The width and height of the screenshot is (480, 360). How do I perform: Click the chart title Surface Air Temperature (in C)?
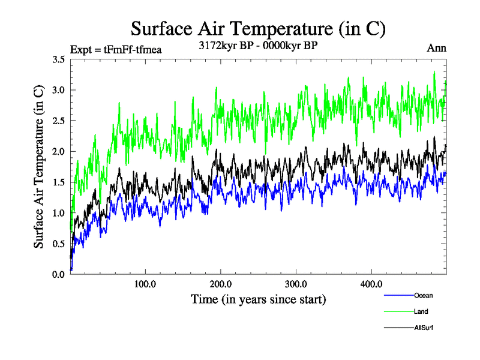258,28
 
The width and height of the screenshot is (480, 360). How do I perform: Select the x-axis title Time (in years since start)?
258,299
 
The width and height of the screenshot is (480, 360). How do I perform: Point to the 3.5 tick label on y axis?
59,59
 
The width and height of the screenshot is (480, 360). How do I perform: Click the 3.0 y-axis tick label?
59,90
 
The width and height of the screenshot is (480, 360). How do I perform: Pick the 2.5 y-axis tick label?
59,121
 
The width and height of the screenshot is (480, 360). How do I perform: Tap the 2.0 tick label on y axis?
59,151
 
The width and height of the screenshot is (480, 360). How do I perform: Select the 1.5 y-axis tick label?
59,182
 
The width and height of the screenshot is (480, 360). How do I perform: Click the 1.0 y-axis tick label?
59,213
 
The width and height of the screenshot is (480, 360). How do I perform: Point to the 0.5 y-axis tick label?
59,244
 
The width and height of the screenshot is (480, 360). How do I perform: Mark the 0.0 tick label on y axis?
59,274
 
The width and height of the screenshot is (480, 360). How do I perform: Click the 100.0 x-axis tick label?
145,284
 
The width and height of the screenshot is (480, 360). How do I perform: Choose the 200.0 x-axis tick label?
221,284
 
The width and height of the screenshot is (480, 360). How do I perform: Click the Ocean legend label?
423,295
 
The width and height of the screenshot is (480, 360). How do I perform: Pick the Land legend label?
421,311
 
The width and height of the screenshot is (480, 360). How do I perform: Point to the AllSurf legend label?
424,328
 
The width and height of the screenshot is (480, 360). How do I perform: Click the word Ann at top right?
437,49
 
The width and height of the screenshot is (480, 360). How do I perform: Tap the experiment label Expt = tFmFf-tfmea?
116,49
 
